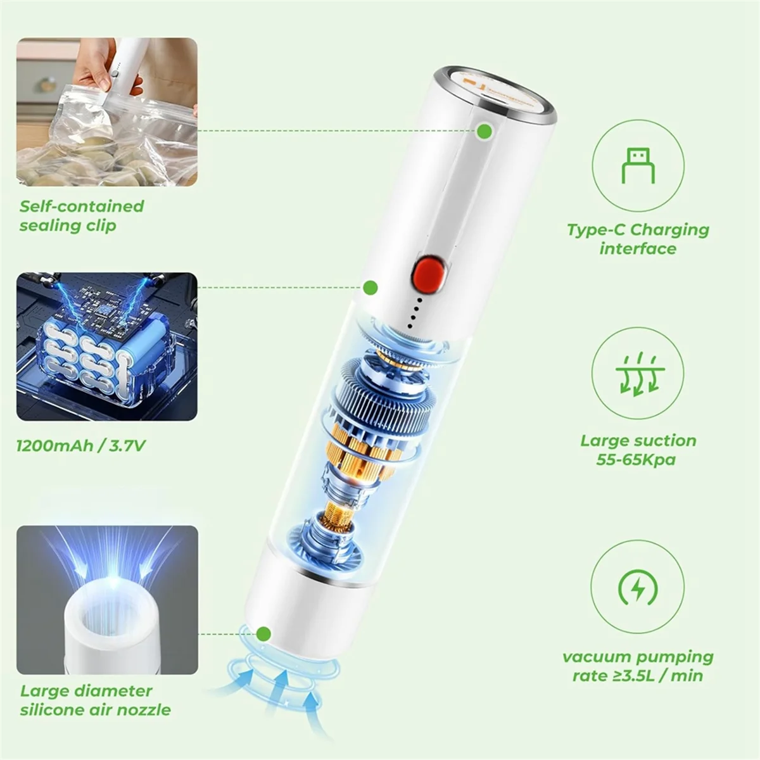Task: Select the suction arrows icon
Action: (638, 374)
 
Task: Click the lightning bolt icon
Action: (638, 588)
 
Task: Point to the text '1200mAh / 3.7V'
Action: (81, 446)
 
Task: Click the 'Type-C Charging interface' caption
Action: (638, 239)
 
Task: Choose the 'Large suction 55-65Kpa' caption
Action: (638, 450)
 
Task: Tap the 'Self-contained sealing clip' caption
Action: (81, 216)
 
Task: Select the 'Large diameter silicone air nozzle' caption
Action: (95, 700)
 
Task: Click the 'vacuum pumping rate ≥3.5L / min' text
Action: (638, 666)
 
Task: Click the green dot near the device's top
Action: (484, 131)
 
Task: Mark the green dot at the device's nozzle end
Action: (265, 633)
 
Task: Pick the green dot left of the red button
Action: (370, 288)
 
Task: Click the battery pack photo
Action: (106, 346)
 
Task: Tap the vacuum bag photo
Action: (106, 112)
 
